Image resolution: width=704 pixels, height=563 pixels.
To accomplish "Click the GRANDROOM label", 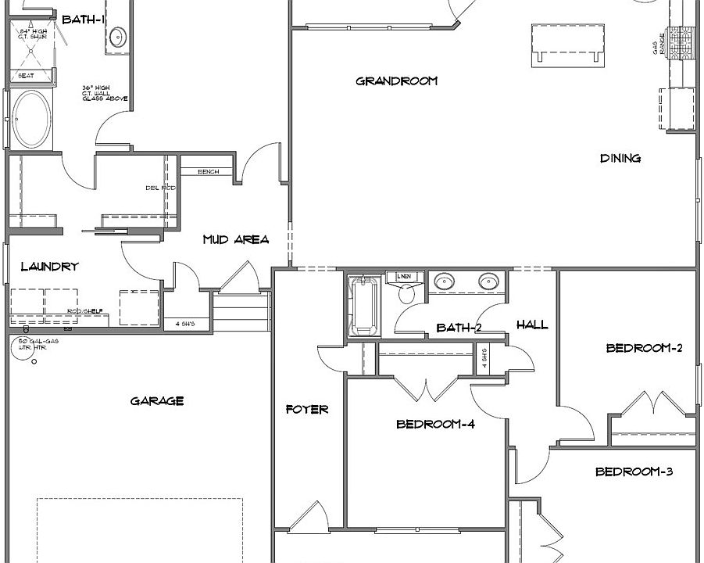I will (x=396, y=81).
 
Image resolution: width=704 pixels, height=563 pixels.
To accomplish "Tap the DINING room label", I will (x=620, y=158).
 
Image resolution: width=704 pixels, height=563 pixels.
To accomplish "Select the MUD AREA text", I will (x=236, y=239).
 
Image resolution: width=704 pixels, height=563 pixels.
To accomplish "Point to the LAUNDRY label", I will (x=49, y=267).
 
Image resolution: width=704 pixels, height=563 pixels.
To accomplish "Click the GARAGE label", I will (x=157, y=401).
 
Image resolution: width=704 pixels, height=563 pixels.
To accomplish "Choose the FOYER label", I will (x=307, y=409).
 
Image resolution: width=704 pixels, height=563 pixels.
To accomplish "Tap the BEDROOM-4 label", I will (x=435, y=425).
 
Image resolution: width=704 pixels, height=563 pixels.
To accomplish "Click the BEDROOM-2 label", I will (x=645, y=348).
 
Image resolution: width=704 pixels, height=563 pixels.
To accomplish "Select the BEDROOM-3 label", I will (x=634, y=472).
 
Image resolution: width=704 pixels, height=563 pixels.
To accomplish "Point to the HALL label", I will (x=532, y=325).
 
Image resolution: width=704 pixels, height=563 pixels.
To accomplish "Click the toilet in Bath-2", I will (x=407, y=292).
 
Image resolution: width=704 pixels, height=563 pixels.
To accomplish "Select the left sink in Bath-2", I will (x=445, y=281).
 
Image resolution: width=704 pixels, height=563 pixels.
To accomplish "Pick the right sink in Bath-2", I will (x=489, y=281).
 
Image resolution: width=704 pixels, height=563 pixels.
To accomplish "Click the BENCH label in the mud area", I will (x=208, y=172).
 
